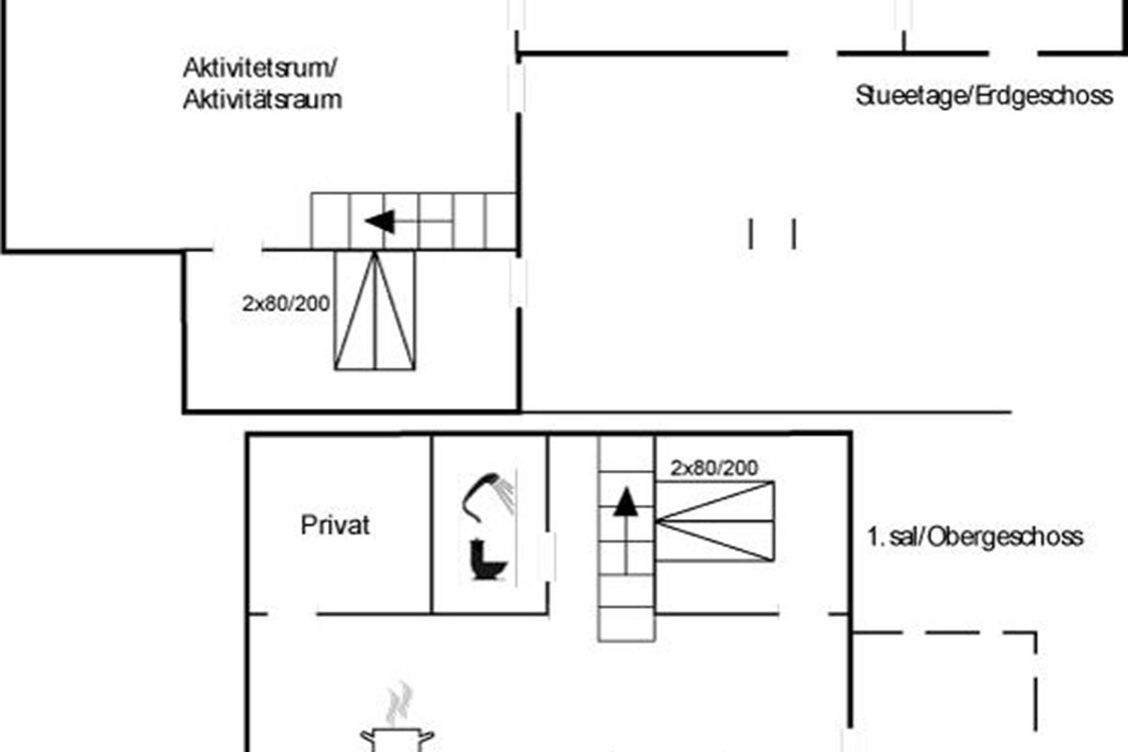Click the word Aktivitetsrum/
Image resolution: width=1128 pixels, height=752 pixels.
[259, 68]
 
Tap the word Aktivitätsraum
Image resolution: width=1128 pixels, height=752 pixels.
[262, 100]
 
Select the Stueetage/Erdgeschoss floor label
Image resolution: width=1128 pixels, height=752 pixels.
[984, 97]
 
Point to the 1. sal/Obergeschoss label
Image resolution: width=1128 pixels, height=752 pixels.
[975, 537]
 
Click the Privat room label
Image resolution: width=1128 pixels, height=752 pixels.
[335, 525]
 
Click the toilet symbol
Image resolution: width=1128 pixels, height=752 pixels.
[488, 559]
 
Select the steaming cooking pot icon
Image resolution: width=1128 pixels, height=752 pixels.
[397, 740]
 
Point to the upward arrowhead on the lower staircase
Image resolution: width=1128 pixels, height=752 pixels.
[626, 502]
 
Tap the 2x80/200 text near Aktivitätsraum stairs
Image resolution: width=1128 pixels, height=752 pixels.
[286, 304]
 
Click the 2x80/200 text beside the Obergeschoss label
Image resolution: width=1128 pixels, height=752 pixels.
[714, 468]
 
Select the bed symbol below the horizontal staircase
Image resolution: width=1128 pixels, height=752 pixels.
[375, 310]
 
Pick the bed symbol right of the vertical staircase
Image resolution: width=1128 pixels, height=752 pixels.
[715, 522]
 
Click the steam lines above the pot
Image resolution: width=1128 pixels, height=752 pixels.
[399, 703]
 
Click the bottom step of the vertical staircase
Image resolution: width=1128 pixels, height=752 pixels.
[626, 624]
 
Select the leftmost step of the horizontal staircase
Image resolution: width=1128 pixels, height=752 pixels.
[330, 221]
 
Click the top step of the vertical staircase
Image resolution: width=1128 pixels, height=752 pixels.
[626, 454]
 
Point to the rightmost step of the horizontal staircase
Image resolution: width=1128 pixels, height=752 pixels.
[501, 221]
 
